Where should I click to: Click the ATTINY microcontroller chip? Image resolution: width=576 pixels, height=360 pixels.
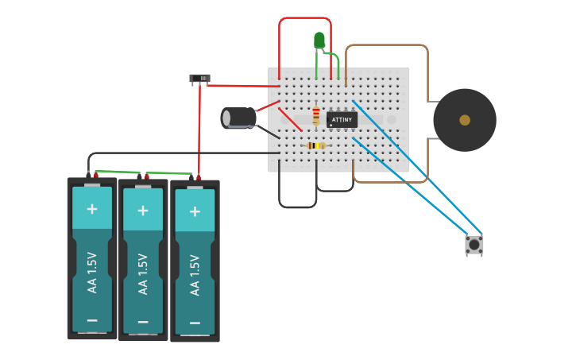[342, 119]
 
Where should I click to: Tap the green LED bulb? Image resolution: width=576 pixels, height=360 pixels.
[319, 41]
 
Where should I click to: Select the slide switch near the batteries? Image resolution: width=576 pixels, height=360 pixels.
[199, 78]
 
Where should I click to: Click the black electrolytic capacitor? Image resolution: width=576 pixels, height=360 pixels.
[238, 118]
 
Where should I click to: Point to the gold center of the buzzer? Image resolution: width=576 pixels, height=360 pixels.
[465, 120]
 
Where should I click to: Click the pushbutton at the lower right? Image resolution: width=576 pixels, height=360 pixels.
[474, 245]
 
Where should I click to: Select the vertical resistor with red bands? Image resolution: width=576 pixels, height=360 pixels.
[316, 116]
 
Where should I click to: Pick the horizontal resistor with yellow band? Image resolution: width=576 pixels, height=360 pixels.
[316, 145]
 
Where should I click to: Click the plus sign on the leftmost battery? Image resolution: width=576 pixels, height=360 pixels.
[92, 209]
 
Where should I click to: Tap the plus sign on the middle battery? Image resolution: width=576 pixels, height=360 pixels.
[143, 211]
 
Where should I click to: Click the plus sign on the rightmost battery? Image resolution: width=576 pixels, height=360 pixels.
[195, 212]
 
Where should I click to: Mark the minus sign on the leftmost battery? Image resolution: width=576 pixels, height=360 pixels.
[92, 320]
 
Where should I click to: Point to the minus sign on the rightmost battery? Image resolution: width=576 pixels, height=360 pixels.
[195, 324]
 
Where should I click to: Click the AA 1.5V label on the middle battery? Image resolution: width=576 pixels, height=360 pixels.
[143, 273]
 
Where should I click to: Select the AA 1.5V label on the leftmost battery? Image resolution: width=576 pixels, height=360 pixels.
[92, 272]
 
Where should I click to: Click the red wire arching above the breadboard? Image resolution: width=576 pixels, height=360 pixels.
[304, 17]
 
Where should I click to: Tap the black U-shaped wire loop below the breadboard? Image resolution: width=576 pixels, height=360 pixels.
[298, 207]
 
